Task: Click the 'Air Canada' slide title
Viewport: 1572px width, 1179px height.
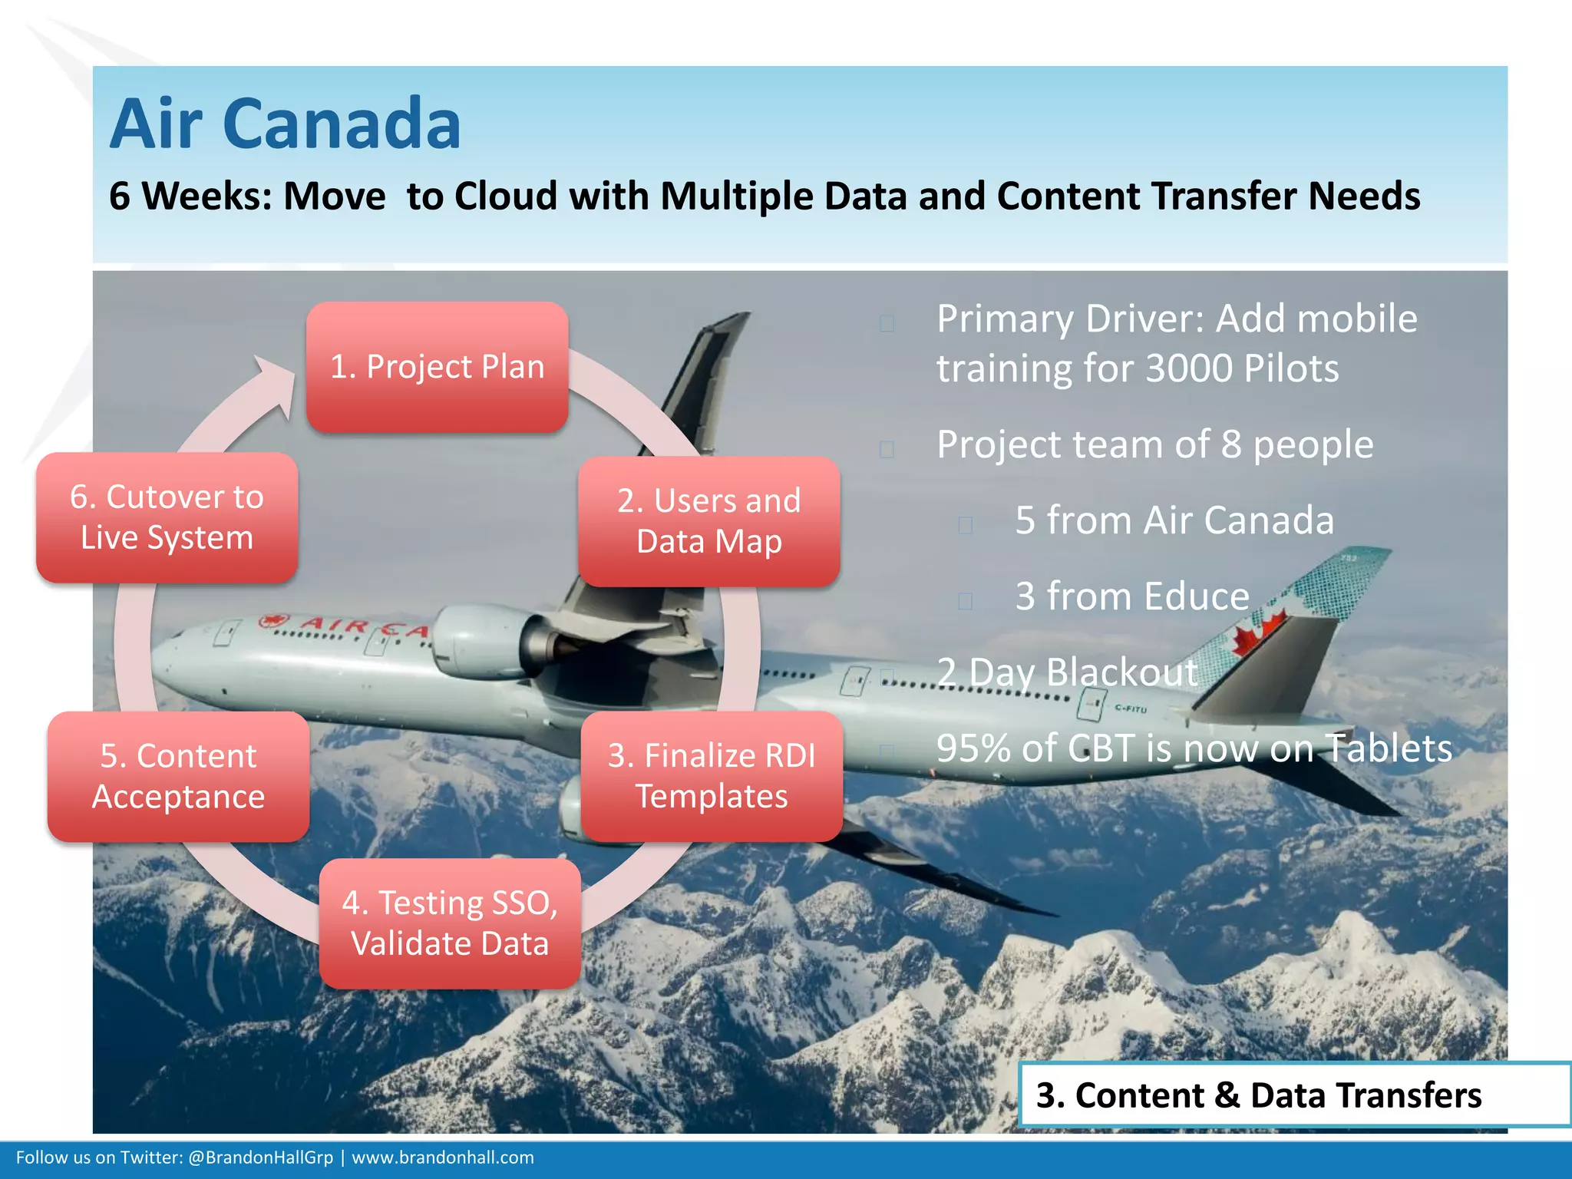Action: pos(286,124)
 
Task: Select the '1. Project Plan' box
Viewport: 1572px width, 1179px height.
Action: pos(437,367)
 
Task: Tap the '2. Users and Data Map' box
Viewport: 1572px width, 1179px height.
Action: pos(708,521)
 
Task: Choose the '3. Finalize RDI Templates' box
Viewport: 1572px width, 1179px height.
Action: pos(712,776)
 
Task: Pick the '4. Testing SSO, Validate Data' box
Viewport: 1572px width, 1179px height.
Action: pos(450,923)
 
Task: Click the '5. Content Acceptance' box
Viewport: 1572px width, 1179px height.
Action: pos(178,776)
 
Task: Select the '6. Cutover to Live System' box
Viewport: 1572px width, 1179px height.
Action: pos(167,517)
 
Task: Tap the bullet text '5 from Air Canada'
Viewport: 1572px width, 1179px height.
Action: pos(1174,520)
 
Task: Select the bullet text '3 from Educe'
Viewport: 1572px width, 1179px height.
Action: pos(1132,596)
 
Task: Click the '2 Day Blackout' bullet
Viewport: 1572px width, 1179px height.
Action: pos(1067,672)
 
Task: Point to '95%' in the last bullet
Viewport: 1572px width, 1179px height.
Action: pos(973,748)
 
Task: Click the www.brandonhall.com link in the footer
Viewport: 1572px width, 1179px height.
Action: pos(443,1158)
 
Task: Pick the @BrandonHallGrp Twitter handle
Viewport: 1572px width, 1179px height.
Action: pos(260,1158)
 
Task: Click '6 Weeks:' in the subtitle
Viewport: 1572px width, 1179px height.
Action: pos(190,196)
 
